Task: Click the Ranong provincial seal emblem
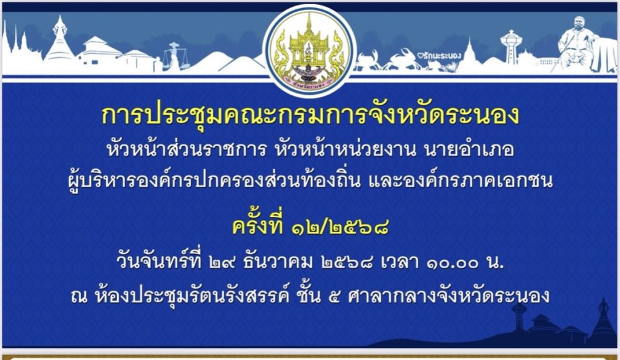(x=309, y=50)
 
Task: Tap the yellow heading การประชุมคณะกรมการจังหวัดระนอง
(x=310, y=116)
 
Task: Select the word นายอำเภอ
(x=469, y=150)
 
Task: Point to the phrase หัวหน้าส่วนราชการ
(x=186, y=150)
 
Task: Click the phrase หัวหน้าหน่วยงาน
(x=346, y=150)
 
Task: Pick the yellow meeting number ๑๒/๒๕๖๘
(x=340, y=227)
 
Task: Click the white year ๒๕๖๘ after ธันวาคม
(x=347, y=263)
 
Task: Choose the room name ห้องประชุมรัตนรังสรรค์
(x=193, y=296)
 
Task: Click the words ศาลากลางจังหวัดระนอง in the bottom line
(x=448, y=296)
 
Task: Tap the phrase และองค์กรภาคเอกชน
(x=461, y=180)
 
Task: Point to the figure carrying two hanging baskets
(x=174, y=57)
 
